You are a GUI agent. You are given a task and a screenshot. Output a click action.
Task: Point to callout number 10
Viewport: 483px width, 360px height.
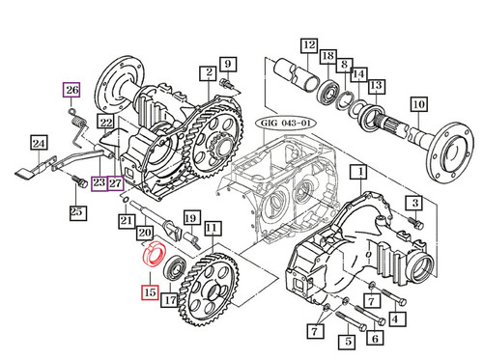point(418,103)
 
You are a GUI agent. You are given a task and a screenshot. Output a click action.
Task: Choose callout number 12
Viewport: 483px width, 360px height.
point(307,45)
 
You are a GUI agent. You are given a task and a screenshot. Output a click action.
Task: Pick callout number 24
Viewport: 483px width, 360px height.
point(39,146)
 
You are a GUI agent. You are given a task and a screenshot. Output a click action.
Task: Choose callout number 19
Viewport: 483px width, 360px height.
point(191,218)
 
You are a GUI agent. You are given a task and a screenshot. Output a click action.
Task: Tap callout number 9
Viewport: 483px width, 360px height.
point(228,65)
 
